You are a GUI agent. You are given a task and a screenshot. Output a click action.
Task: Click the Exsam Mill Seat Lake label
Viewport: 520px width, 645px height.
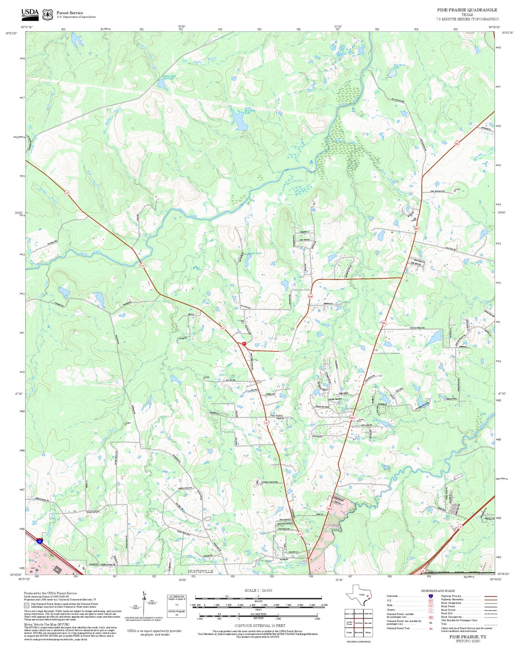tap(168, 77)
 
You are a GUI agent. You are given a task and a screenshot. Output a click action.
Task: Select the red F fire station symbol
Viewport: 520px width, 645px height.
tap(244, 344)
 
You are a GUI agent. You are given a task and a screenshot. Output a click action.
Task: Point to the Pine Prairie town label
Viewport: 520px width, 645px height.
tap(276, 416)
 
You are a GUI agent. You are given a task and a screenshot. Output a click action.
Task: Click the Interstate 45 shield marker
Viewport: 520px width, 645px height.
tap(40, 540)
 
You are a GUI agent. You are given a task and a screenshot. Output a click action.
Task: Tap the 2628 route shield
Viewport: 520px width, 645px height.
tap(310, 297)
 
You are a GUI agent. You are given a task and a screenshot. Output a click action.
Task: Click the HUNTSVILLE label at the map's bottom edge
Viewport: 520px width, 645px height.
tap(200, 571)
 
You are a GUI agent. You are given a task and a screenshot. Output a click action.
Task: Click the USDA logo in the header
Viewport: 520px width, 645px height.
tap(30, 14)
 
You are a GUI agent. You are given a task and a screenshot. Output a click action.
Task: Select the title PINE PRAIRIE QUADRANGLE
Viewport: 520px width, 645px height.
tap(467, 10)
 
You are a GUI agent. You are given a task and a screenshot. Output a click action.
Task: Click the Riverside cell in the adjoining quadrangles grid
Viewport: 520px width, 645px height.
tap(367, 623)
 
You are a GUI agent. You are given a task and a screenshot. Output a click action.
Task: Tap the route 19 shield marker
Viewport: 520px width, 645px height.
tap(460, 527)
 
